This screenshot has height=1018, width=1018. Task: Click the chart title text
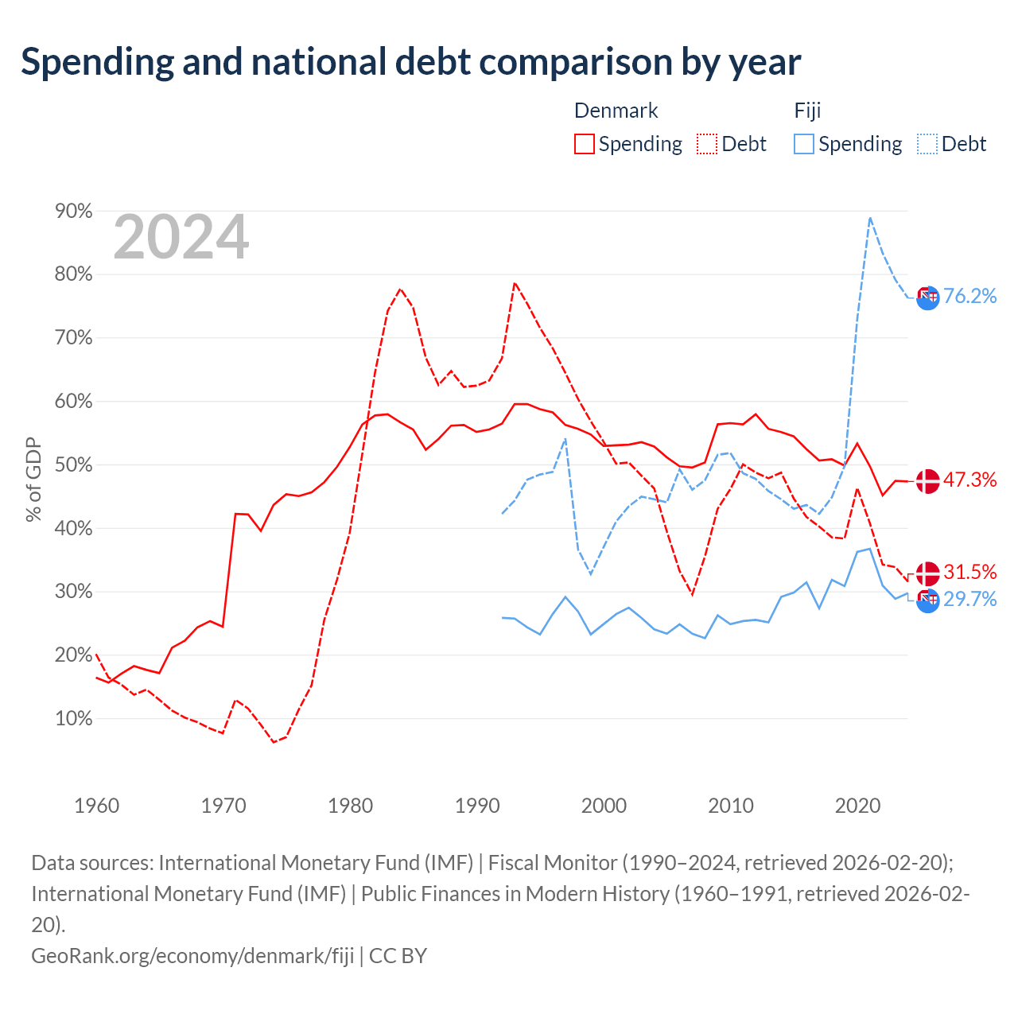click(x=410, y=63)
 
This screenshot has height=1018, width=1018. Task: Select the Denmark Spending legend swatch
click(x=584, y=144)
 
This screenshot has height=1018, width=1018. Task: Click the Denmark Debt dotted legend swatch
click(x=706, y=144)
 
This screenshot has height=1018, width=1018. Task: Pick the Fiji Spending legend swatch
click(x=803, y=144)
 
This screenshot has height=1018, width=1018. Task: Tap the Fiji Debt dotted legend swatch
click(x=926, y=144)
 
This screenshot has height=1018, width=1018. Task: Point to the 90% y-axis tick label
click(x=73, y=212)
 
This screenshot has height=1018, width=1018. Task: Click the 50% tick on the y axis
click(x=73, y=465)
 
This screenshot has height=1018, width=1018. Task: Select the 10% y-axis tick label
click(x=73, y=718)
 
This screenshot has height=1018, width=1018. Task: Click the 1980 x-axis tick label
click(x=350, y=806)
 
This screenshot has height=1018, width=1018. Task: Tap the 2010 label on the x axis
click(x=731, y=806)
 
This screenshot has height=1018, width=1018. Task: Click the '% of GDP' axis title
click(x=33, y=480)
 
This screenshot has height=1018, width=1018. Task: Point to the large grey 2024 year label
click(x=181, y=237)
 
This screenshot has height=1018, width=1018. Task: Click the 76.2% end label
click(x=969, y=297)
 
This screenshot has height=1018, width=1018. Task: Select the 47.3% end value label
click(x=969, y=480)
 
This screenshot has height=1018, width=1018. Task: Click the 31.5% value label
click(x=969, y=572)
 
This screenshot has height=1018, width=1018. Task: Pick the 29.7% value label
click(x=969, y=599)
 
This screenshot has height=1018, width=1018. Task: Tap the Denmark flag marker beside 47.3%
click(x=927, y=481)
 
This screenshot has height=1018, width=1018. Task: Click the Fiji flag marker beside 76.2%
click(x=927, y=298)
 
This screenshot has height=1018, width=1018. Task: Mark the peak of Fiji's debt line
click(x=869, y=218)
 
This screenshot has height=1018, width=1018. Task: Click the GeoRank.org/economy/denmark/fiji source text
click(x=192, y=956)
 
